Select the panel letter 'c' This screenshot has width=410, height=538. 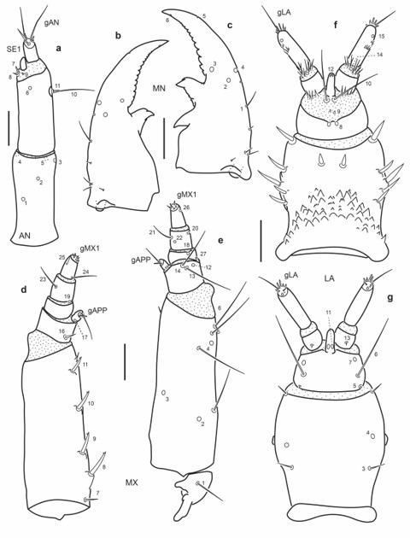point(231,26)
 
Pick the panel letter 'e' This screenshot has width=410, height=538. point(220,242)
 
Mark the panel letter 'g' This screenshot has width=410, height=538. point(389,300)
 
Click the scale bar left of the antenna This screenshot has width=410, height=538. point(8,126)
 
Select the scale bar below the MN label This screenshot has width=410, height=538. point(165,135)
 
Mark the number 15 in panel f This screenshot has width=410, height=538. point(382,37)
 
